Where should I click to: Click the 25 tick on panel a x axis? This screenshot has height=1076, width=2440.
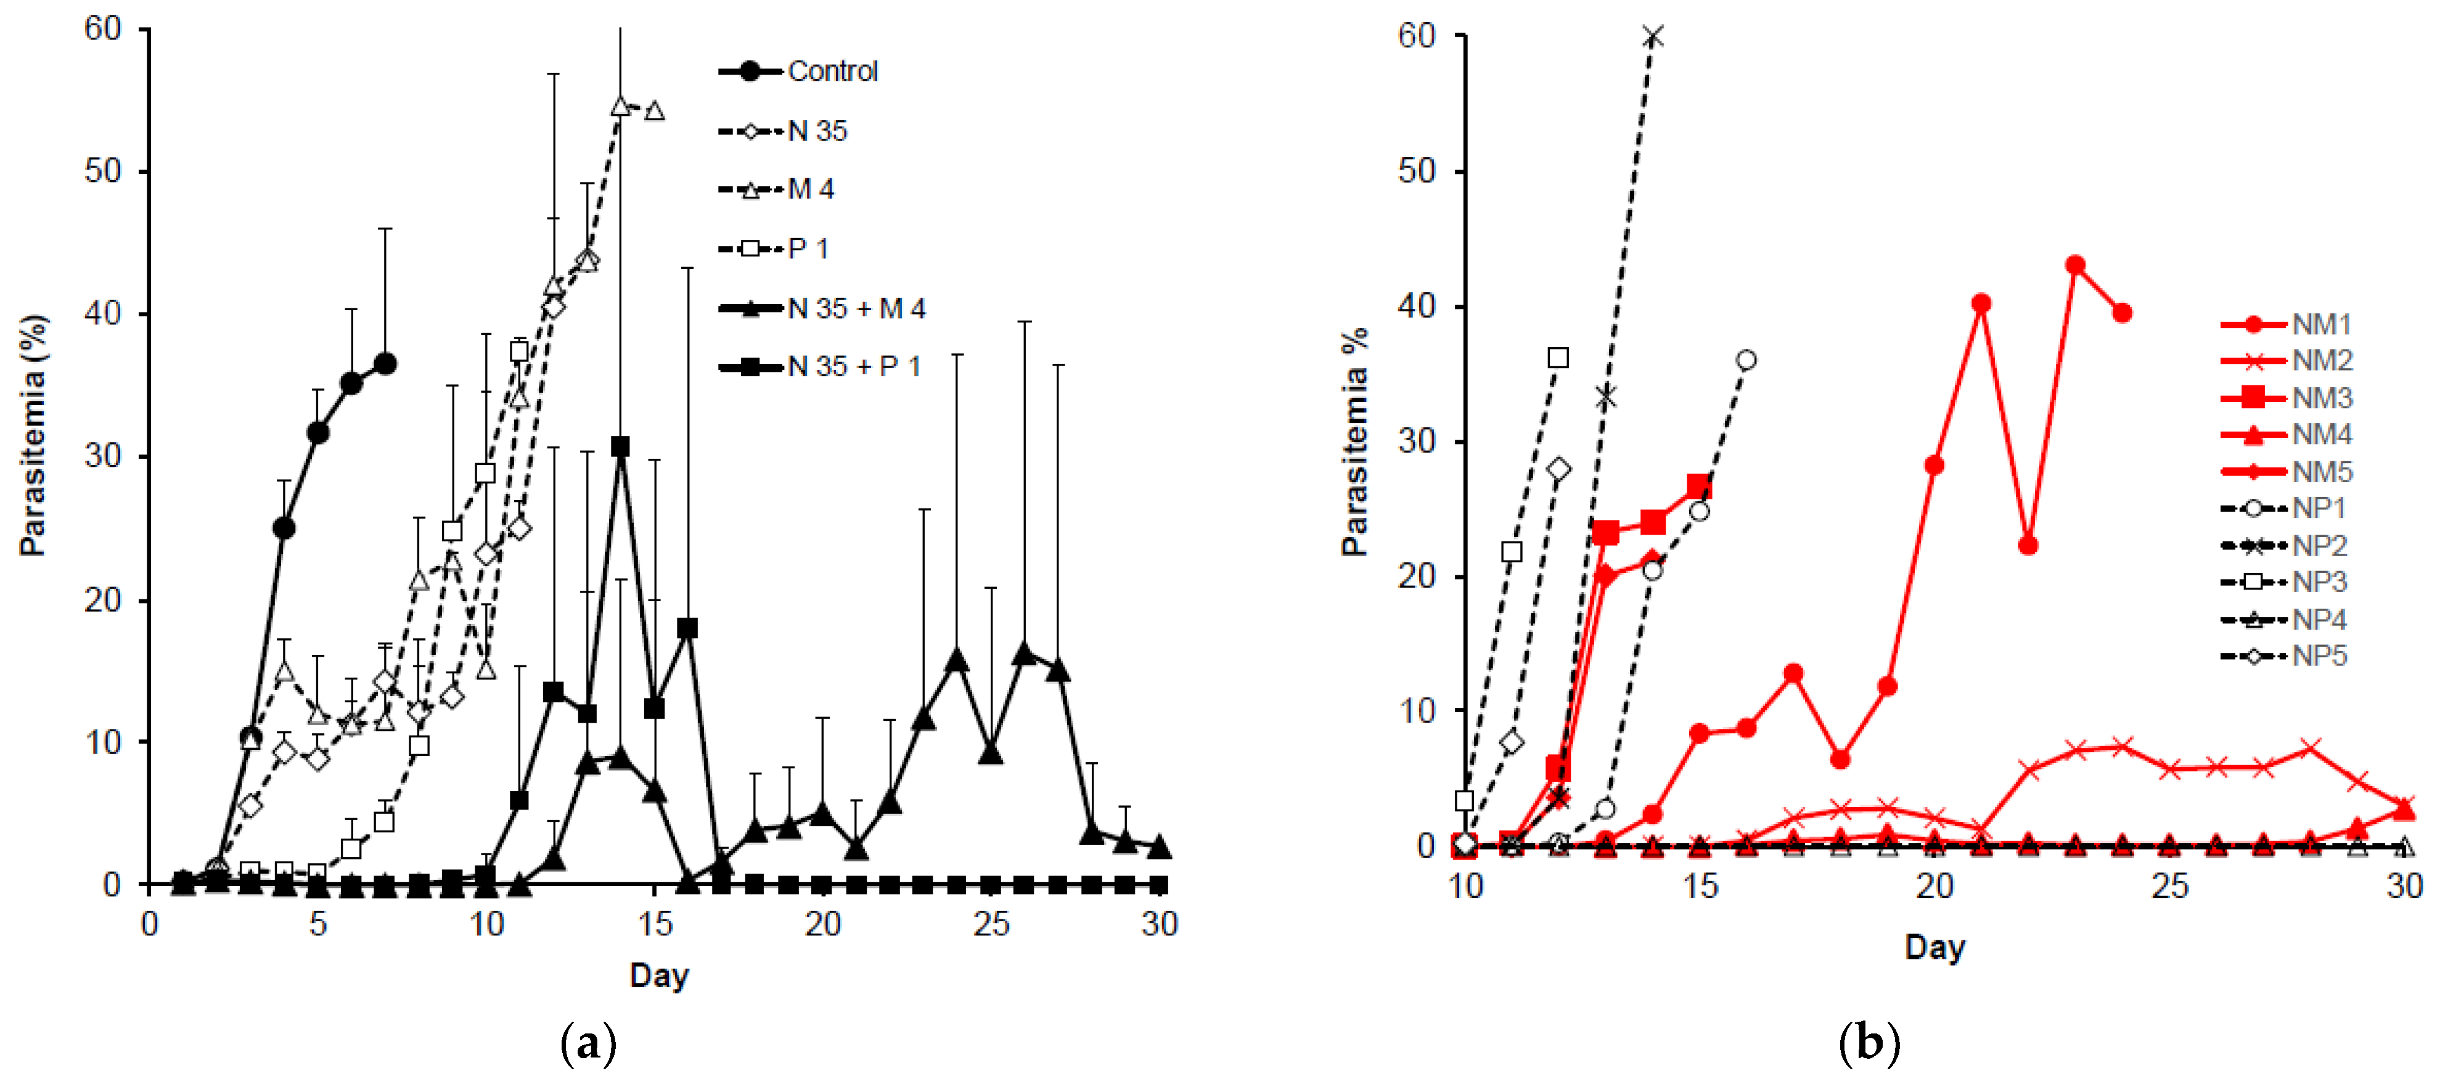(x=991, y=924)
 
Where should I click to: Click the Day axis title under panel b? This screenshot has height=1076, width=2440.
(x=1934, y=947)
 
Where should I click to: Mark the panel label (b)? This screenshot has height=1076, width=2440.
(x=1868, y=1044)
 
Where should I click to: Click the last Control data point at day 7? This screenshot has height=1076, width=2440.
(x=385, y=364)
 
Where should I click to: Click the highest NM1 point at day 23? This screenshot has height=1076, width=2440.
(x=2075, y=265)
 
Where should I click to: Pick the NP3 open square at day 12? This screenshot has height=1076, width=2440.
(x=1558, y=358)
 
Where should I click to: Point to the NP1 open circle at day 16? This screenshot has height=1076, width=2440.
(x=1746, y=360)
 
